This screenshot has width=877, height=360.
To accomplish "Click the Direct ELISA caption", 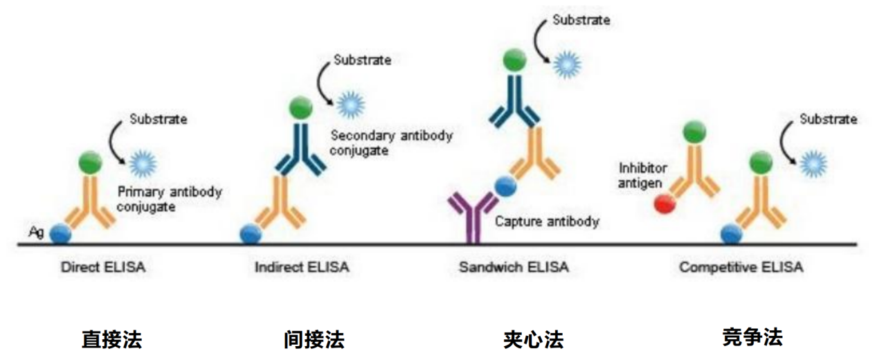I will coord(103,267).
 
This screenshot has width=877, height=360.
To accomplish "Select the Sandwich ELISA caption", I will coord(514,267).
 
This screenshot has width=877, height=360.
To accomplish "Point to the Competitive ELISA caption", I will coord(741,267).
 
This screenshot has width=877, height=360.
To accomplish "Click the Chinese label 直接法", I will coord(111,340).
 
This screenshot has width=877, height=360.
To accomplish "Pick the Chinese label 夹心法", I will coord(533,340).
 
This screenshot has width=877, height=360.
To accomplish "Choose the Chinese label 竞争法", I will coord(752,337).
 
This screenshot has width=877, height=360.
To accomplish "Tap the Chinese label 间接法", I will coord(314,340).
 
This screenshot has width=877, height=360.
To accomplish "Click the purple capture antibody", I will coord(473,215).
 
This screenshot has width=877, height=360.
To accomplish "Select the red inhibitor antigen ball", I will coord(664,204).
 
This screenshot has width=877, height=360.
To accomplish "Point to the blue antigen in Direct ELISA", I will coord(60,234).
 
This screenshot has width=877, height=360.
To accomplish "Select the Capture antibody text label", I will coord(547,222).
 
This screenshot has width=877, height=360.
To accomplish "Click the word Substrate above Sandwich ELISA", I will coord(581,19).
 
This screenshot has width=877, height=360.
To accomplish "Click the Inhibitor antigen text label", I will coord(642,175).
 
